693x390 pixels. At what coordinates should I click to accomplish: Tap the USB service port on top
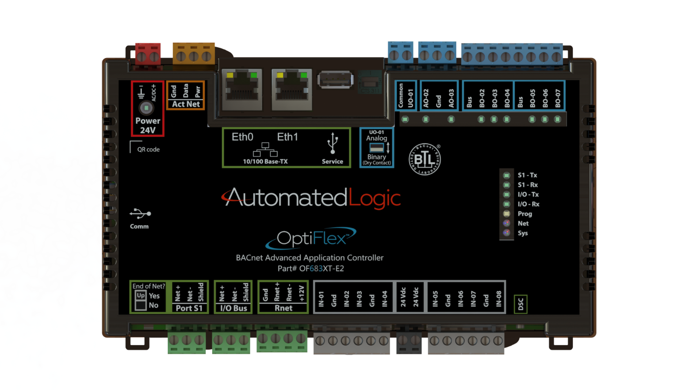(x=335, y=80)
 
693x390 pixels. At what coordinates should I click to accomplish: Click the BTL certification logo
(x=425, y=159)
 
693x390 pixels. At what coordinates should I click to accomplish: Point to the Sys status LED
(x=506, y=233)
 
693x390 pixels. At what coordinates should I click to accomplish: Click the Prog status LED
(x=506, y=214)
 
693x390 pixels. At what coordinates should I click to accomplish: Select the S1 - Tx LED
(x=506, y=175)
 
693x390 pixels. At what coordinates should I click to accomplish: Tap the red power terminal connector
(x=148, y=54)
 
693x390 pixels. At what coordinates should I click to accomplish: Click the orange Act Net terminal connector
(x=194, y=53)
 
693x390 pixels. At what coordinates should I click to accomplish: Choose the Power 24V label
(x=148, y=126)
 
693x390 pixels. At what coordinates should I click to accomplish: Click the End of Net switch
(x=141, y=300)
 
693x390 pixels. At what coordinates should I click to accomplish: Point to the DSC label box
(x=521, y=304)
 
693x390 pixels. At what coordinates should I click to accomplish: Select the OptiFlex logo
(x=310, y=238)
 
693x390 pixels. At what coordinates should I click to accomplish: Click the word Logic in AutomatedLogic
(x=374, y=198)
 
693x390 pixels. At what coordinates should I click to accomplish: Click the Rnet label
(x=283, y=308)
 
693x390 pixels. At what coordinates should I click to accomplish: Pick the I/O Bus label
(x=234, y=308)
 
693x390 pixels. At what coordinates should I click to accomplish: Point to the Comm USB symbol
(x=140, y=214)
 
